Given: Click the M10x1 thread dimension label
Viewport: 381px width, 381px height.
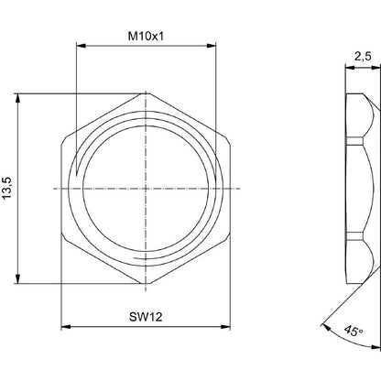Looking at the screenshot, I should tap(146, 36).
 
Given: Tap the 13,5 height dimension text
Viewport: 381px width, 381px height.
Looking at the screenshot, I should tap(10, 189).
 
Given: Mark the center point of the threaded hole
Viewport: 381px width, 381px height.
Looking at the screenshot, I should tap(146, 188).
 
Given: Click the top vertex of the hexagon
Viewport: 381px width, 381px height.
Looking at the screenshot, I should tap(146, 93).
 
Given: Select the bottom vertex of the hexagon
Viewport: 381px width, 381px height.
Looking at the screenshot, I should tap(146, 284).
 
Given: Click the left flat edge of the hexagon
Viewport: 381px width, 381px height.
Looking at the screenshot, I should tap(63, 188).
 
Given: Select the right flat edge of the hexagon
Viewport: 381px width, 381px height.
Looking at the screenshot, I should tap(228, 188).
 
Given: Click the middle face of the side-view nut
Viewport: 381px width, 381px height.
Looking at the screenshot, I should tap(357, 188).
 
